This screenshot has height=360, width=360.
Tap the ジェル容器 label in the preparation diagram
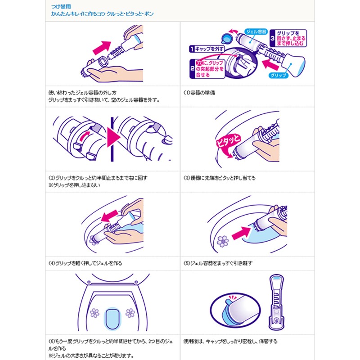pyautogui.click(x=255, y=32)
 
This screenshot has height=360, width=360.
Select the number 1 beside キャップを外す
pyautogui.click(x=192, y=49)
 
